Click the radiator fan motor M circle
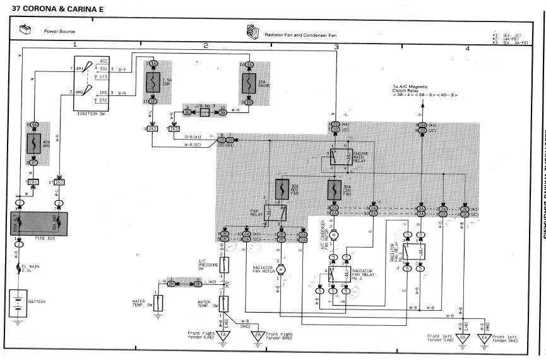[282, 270]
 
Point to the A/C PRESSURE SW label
[208, 265]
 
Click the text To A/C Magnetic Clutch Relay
[410, 88]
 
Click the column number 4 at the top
[468, 48]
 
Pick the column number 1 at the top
[74, 45]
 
